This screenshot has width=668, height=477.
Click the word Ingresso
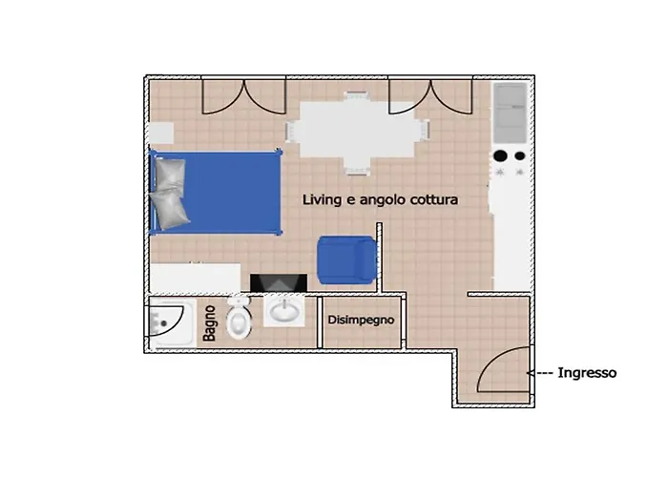click(x=587, y=373)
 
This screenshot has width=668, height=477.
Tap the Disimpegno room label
click(x=361, y=320)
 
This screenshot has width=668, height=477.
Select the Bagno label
click(x=209, y=323)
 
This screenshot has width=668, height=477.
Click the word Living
click(x=323, y=199)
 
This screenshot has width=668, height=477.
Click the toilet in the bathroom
click(x=239, y=318)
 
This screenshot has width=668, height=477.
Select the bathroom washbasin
click(x=284, y=310)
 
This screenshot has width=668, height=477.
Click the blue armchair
click(x=346, y=259)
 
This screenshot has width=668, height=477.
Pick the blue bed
click(x=216, y=192)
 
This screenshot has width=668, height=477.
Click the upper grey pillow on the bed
click(x=170, y=174)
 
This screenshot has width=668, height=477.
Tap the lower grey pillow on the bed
click(x=170, y=210)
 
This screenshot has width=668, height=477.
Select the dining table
click(x=357, y=130)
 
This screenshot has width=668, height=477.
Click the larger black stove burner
click(x=501, y=156)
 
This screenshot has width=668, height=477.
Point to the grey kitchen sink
click(x=511, y=113)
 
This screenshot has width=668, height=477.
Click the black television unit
click(x=279, y=282)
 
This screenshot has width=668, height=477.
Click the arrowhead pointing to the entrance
click(x=531, y=373)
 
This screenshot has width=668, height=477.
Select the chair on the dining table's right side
click(x=424, y=130)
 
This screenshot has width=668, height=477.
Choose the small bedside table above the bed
click(x=161, y=134)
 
